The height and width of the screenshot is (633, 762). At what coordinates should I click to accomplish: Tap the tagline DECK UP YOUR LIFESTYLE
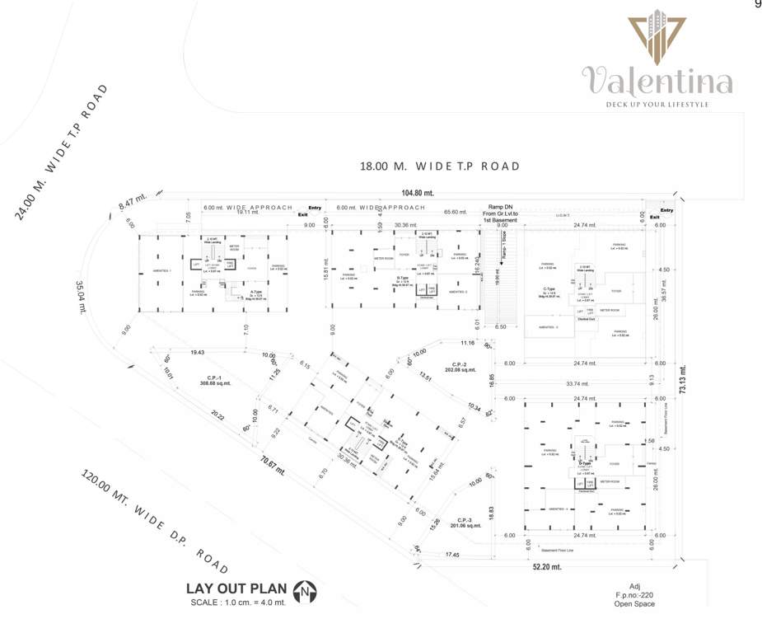tap(657, 105)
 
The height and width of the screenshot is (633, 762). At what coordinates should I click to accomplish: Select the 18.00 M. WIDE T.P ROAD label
tap(440, 166)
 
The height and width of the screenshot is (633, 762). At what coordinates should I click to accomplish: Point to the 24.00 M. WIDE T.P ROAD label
tap(62, 151)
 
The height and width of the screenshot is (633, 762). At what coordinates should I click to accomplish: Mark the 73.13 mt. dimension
tap(683, 379)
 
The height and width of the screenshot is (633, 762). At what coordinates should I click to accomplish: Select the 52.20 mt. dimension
tap(545, 567)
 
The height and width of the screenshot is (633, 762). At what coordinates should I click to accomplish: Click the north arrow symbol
tap(306, 589)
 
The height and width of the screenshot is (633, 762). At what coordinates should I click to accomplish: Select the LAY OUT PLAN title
tap(236, 588)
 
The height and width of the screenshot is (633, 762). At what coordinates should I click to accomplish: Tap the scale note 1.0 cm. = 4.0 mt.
tap(237, 603)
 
